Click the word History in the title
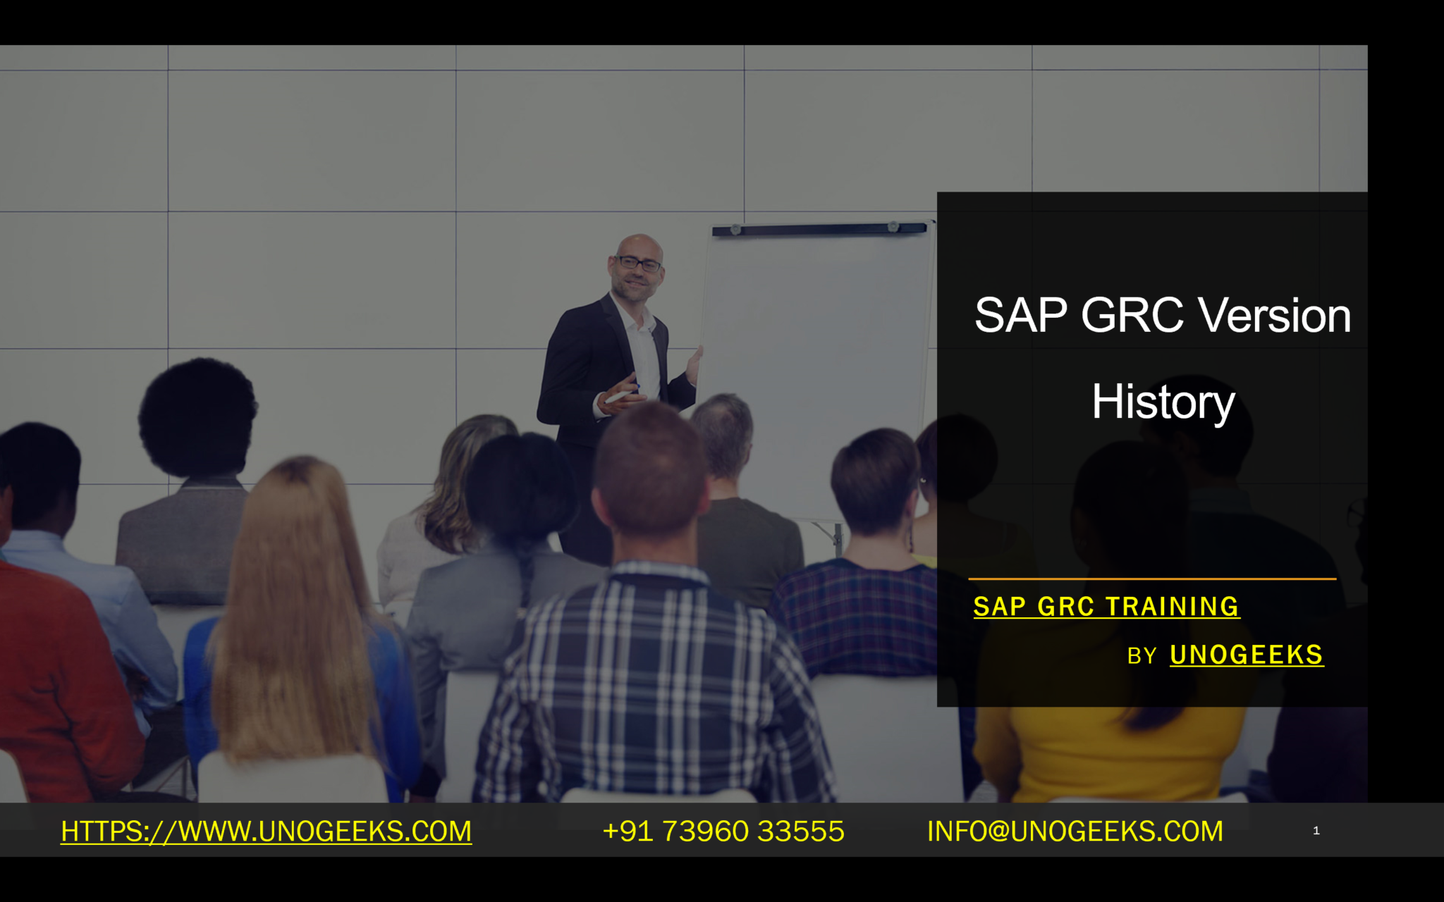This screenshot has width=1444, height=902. click(1163, 402)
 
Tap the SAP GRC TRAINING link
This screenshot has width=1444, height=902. click(1106, 607)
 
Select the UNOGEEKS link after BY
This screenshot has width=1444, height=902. click(1246, 655)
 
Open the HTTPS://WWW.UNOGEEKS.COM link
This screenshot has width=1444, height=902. click(266, 832)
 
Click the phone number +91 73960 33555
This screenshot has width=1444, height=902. click(723, 832)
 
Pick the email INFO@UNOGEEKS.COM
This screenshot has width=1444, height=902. click(1075, 832)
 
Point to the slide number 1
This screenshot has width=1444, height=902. click(1316, 831)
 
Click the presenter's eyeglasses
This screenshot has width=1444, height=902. click(639, 264)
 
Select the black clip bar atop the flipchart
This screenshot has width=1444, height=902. click(818, 229)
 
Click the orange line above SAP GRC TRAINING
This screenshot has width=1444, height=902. click(1151, 579)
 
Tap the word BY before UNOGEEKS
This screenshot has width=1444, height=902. click(1142, 657)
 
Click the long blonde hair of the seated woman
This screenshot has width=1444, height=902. click(296, 599)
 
